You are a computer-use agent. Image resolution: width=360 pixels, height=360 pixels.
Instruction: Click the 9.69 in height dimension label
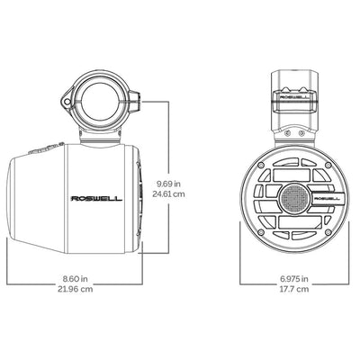tap(169, 184)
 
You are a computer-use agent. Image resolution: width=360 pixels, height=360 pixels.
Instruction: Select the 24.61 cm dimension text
tap(168, 193)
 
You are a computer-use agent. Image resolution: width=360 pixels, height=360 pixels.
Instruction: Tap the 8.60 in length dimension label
tap(75, 279)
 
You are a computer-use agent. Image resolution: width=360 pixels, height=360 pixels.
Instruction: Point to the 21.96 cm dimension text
tap(75, 289)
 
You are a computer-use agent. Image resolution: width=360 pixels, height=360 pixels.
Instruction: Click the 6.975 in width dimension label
tap(294, 279)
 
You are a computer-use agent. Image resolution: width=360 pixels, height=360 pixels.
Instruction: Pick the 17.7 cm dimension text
tap(294, 289)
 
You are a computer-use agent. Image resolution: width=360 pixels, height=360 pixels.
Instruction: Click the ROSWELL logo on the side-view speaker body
tap(96, 199)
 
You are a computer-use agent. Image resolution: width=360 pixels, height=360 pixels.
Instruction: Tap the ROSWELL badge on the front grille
tap(327, 198)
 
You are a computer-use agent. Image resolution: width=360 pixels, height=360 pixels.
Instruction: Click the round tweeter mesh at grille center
tap(294, 198)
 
